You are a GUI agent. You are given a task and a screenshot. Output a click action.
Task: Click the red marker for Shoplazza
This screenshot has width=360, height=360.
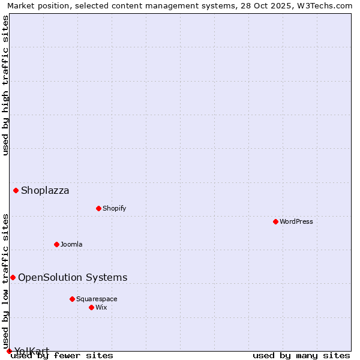pos(16,191)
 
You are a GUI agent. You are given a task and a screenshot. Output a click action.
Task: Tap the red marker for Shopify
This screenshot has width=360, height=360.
pos(98,208)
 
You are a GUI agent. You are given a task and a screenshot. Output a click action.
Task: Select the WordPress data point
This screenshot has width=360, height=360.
pos(275,221)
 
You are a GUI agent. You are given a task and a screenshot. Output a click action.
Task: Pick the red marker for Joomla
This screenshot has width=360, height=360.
pos(56,244)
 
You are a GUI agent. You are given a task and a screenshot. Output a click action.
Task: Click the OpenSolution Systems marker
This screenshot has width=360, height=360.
pos(13,277)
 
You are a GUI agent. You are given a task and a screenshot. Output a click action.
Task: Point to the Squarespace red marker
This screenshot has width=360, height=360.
pos(72,299)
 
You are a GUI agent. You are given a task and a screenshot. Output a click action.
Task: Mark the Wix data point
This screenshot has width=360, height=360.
pos(91,307)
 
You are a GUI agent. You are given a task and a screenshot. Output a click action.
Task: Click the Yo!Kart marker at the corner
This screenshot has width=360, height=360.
pos(9,351)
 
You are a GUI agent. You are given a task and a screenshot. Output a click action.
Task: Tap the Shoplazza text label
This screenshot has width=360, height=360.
pos(45,191)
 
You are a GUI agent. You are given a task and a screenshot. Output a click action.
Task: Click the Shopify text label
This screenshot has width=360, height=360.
pos(114,208)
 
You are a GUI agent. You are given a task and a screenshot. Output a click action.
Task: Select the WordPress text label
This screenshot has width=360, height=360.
pos(296,221)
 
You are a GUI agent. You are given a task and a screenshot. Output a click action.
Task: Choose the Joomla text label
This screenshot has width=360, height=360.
pos(71,244)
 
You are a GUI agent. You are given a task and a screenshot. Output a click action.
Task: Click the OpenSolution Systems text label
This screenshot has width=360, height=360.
pos(73,277)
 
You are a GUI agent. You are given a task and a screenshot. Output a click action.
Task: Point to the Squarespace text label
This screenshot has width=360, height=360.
pos(97,299)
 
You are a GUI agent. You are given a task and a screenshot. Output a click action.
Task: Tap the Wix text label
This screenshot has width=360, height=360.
pos(101,307)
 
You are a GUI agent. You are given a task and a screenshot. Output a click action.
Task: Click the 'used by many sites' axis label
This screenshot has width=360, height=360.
pos(301,355)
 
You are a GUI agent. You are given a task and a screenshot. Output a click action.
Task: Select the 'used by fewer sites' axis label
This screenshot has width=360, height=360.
pos(62,355)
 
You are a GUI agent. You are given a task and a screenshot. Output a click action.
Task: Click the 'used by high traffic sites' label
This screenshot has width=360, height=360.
pos(6,85)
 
